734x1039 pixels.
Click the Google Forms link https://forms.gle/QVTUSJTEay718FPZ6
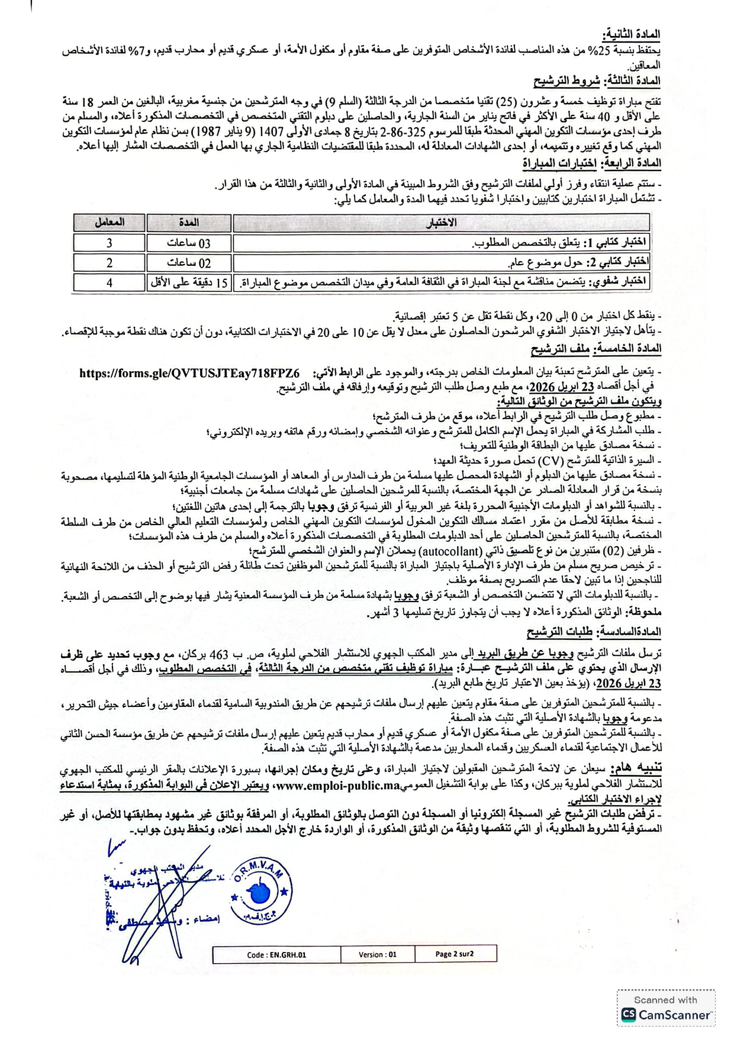point(189,374)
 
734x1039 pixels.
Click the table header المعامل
point(110,223)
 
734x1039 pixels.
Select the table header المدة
point(189,223)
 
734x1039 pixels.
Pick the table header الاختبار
point(441,223)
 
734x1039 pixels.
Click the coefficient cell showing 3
point(110,243)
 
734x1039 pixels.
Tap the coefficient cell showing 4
point(110,282)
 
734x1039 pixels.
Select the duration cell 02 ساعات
point(189,262)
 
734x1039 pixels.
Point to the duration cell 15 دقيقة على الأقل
point(189,282)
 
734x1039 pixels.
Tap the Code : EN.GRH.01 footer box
point(276,954)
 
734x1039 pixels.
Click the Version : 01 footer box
point(377,954)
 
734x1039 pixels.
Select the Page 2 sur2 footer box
point(455,954)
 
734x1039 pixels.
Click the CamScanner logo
point(666,1015)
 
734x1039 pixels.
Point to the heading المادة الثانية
point(631,34)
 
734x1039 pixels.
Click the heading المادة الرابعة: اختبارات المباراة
point(591,163)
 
